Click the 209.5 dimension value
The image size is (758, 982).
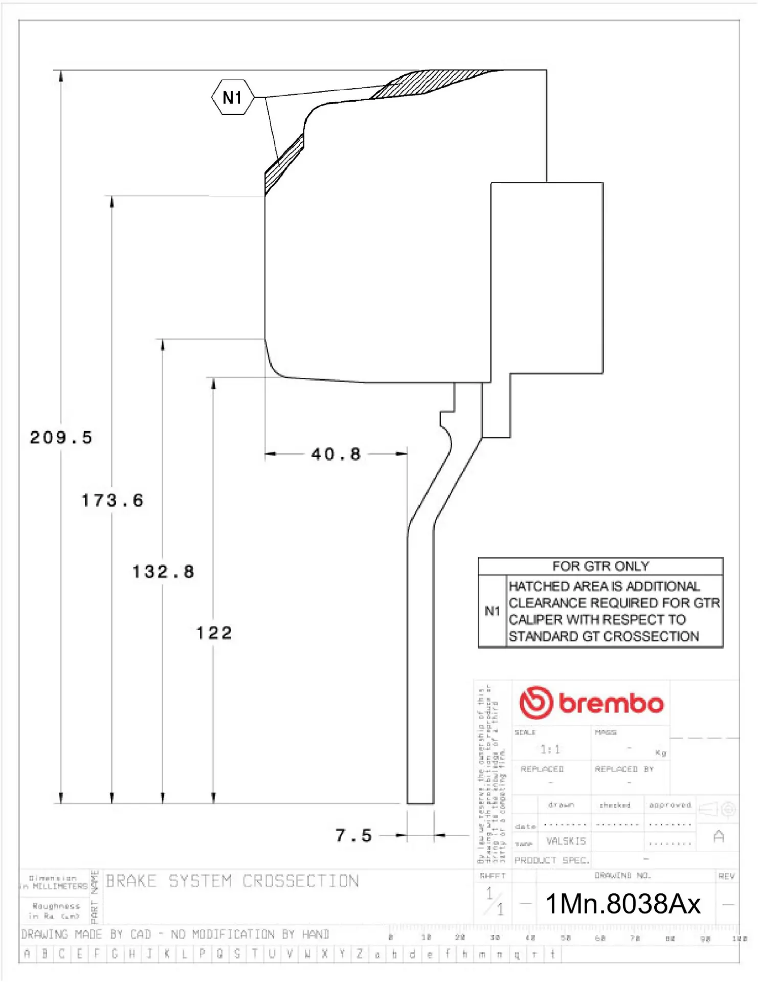61,437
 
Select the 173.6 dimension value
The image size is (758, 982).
112,500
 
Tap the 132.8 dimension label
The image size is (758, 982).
163,571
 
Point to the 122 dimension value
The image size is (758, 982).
214,633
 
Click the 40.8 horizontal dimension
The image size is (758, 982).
336,454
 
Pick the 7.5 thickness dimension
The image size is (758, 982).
353,835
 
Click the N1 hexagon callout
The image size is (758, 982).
233,97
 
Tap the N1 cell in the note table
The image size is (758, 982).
492,611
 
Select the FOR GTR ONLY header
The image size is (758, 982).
600,566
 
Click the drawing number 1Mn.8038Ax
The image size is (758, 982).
622,903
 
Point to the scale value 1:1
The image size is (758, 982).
550,749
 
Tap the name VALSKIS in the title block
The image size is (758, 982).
566,841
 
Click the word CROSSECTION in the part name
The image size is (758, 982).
300,881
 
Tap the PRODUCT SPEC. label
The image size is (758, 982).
551,860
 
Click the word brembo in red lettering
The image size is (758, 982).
611,703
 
